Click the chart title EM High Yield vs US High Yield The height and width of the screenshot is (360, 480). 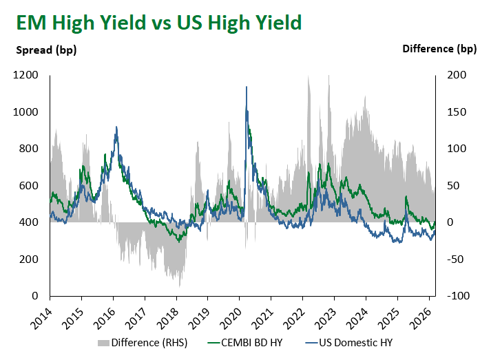coord(159,23)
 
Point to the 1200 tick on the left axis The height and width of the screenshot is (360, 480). coord(25,75)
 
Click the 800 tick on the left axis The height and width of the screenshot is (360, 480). coord(29,149)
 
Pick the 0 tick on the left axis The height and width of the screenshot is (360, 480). coord(35,296)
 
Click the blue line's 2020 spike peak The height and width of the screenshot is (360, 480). coord(247,87)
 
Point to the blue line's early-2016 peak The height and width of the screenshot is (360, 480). coord(116,127)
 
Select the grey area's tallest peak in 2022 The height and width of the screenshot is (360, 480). coord(309,76)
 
